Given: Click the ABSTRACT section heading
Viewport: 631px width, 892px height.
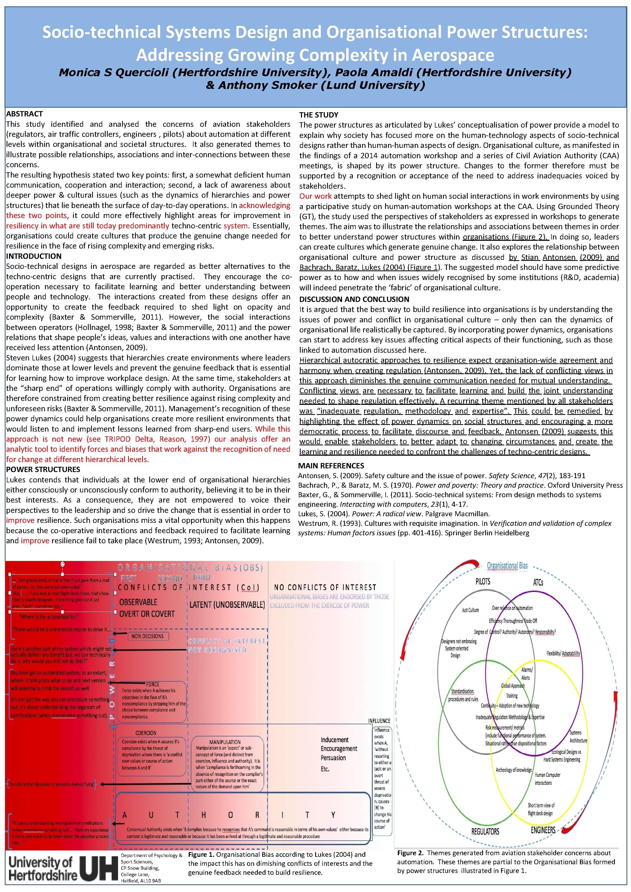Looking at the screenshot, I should [24, 114].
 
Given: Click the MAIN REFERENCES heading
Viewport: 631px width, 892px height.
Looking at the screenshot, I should [331, 465].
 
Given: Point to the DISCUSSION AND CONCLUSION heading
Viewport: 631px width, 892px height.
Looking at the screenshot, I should [354, 299].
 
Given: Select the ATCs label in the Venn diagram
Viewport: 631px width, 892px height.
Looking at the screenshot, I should [538, 582].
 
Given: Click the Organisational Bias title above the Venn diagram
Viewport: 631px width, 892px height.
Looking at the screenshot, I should [507, 566].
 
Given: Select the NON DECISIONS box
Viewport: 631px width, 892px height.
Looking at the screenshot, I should [148, 636].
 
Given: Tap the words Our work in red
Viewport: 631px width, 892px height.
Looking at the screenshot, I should [315, 196].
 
